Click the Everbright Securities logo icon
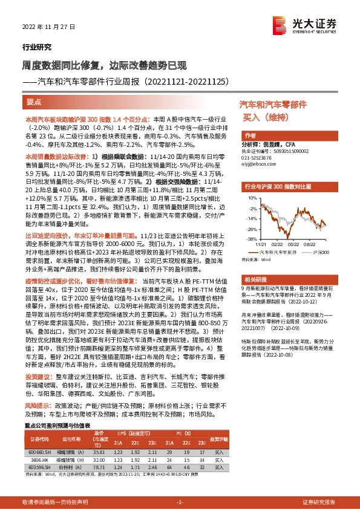tap(280, 24)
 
